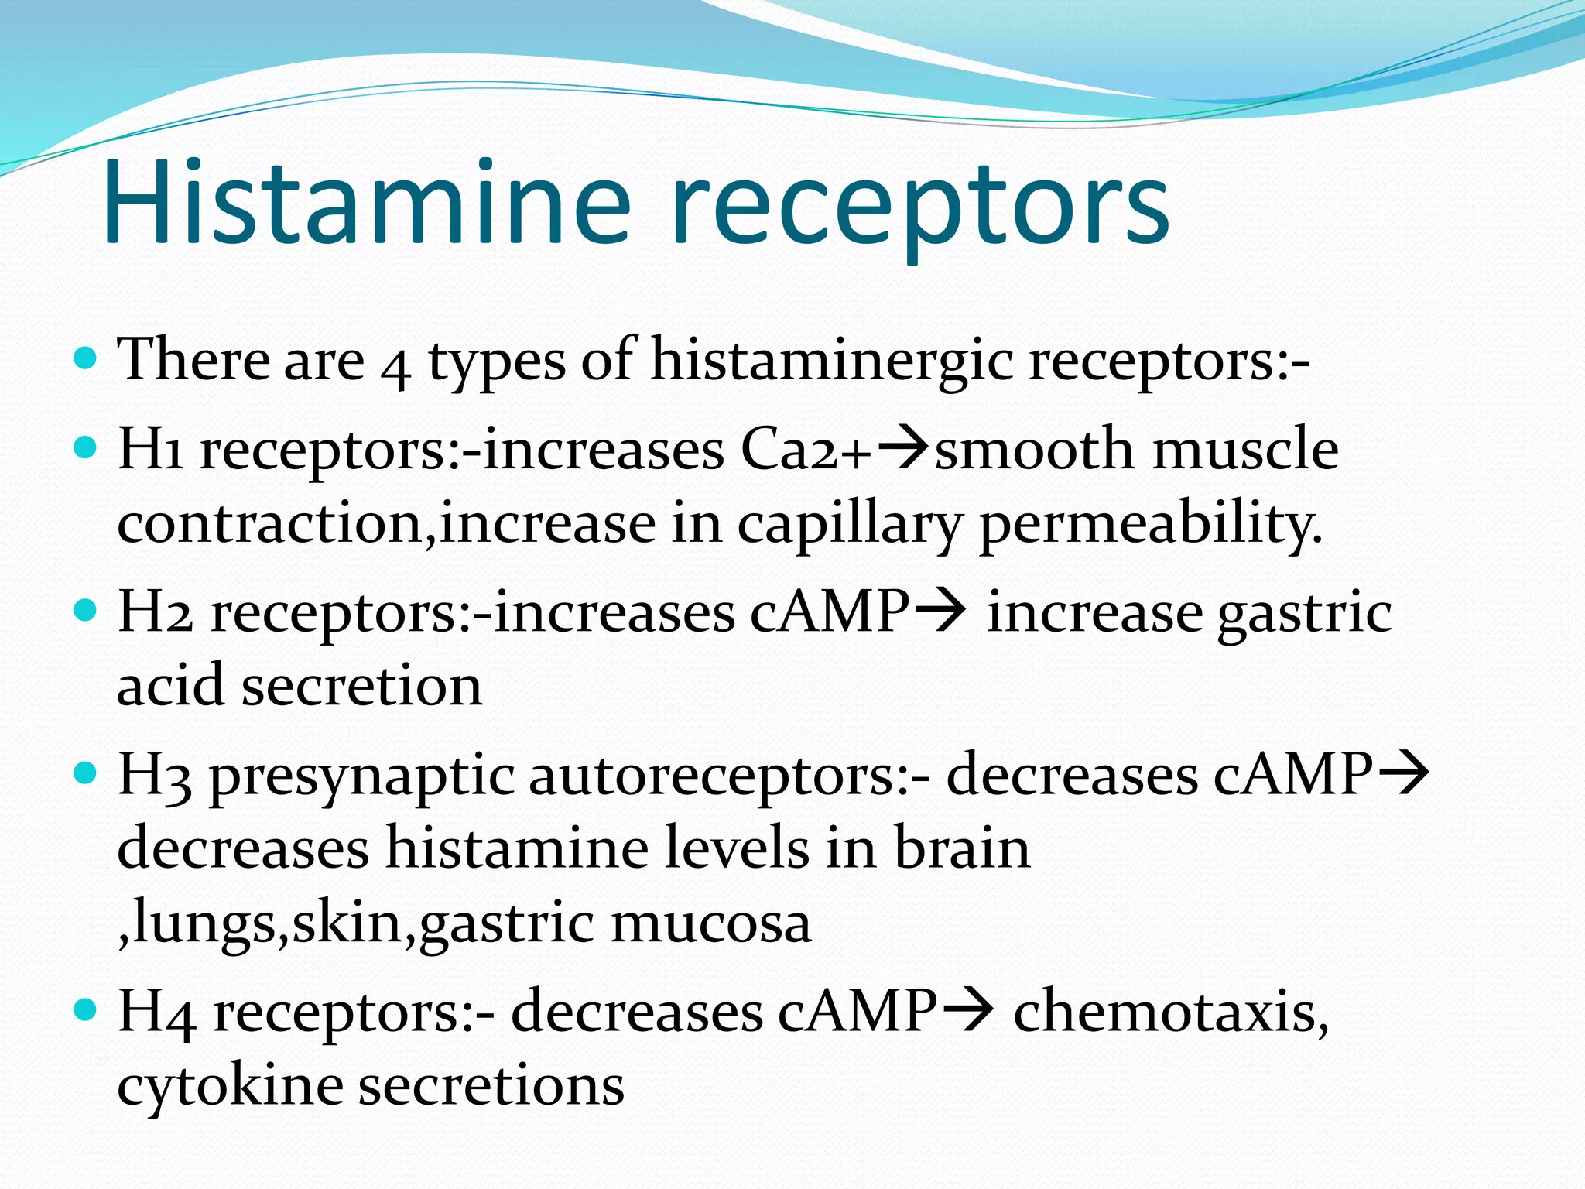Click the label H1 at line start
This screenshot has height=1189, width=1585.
point(150,451)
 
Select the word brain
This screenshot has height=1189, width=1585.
point(962,848)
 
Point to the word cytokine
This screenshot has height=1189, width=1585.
point(229,1087)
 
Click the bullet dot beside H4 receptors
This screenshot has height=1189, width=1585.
point(86,1009)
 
